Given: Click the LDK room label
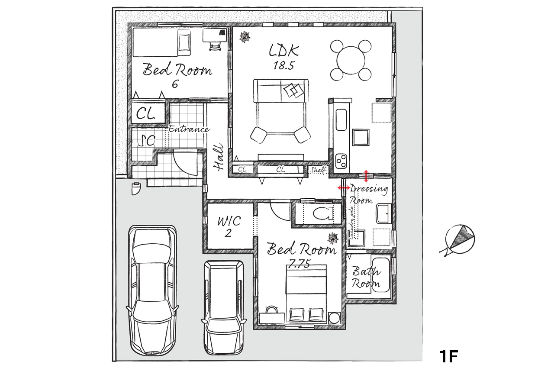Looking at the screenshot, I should pyautogui.click(x=283, y=51).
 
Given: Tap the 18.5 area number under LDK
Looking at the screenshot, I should pyautogui.click(x=283, y=65).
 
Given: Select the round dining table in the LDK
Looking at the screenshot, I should pyautogui.click(x=351, y=60).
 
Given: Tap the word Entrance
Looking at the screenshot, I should pyautogui.click(x=189, y=129).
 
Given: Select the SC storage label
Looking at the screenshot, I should pyautogui.click(x=146, y=141).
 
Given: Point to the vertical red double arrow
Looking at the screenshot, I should pyautogui.click(x=366, y=176).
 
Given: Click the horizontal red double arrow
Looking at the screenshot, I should pyautogui.click(x=345, y=187).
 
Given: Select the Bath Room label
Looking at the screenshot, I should pyautogui.click(x=366, y=278).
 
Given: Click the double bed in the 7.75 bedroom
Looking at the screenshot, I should pyautogui.click(x=306, y=294).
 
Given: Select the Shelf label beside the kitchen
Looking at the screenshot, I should pyautogui.click(x=318, y=170).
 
